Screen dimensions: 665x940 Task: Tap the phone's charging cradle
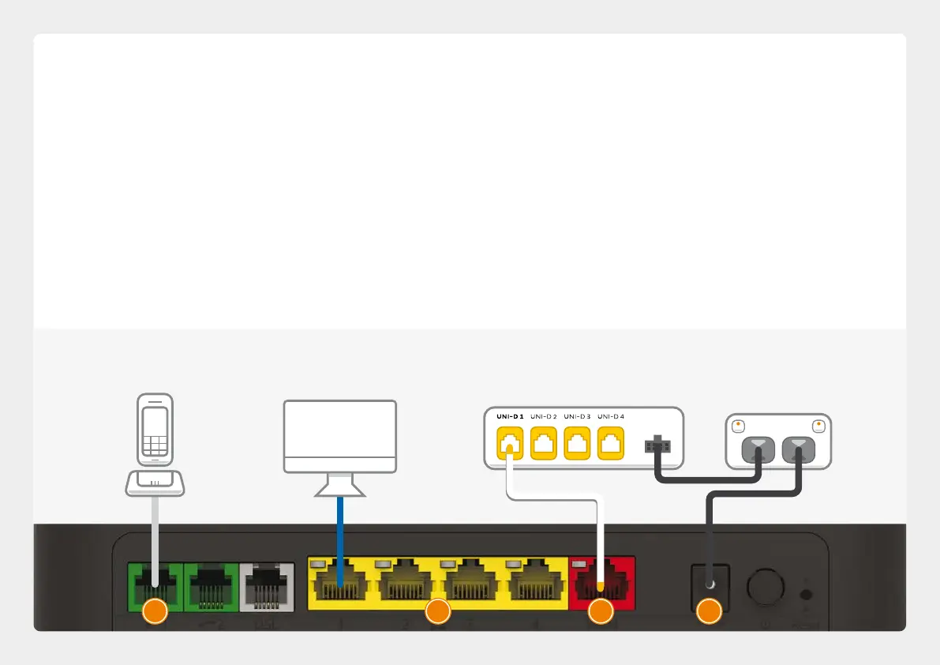click(x=155, y=483)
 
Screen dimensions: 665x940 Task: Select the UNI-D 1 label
click(x=510, y=416)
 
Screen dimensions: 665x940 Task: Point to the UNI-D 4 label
click(x=611, y=416)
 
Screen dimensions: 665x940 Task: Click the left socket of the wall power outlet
click(x=757, y=451)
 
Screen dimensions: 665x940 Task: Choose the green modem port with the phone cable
click(x=155, y=584)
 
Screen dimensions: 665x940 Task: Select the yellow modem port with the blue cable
click(x=339, y=584)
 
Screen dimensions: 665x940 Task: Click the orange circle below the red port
click(x=601, y=611)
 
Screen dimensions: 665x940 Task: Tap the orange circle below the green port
click(x=155, y=611)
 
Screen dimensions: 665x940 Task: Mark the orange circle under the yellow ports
click(x=437, y=611)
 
